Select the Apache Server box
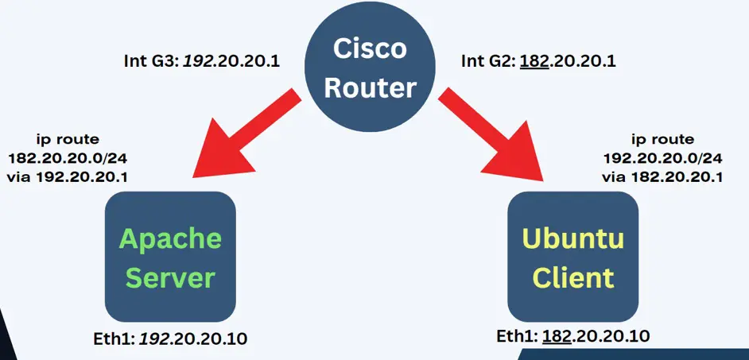[170, 256]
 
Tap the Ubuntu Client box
[573, 256]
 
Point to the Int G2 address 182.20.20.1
[570, 60]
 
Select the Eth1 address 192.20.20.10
[193, 339]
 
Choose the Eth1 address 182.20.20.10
[596, 336]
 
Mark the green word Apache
[170, 238]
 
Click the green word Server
[170, 277]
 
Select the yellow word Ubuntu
[573, 238]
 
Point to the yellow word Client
[573, 277]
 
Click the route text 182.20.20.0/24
[68, 157]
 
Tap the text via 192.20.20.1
[68, 176]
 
